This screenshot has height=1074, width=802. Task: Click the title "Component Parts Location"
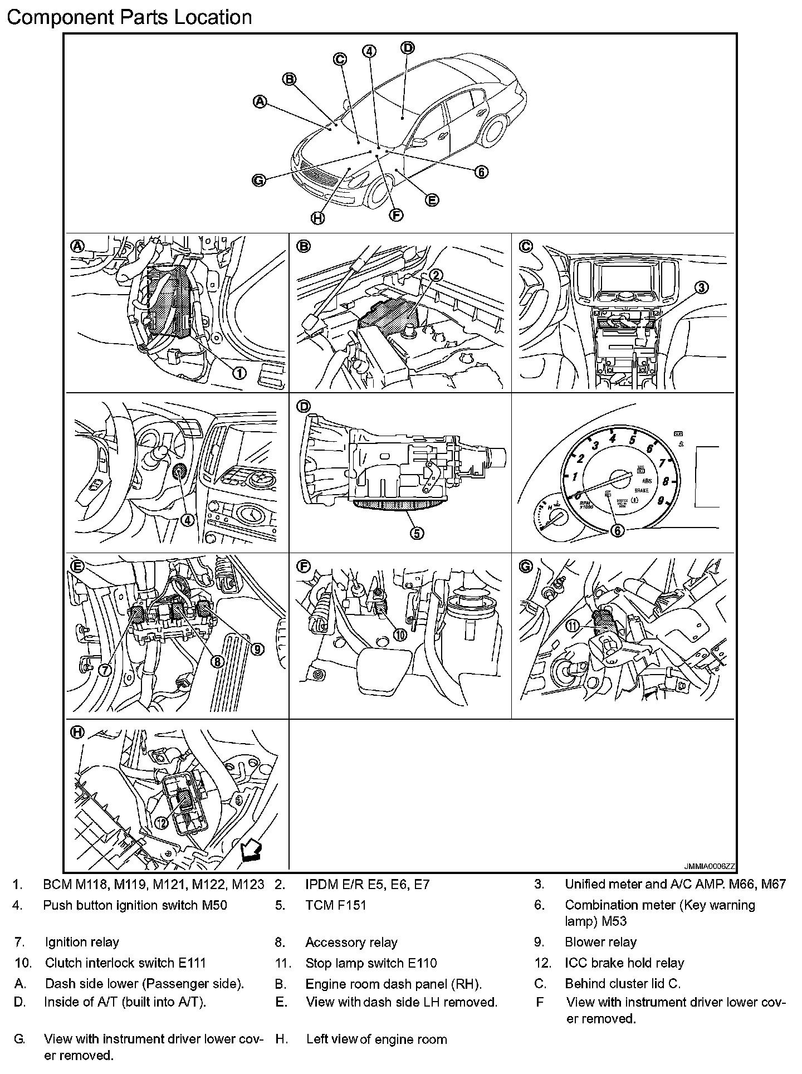(x=129, y=17)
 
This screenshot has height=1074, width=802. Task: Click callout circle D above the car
(x=408, y=48)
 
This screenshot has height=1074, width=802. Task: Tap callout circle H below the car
(x=317, y=218)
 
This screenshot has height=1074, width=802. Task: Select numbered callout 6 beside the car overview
(x=481, y=172)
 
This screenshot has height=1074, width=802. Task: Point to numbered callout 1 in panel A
(x=239, y=373)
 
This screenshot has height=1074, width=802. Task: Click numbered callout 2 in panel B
(x=436, y=275)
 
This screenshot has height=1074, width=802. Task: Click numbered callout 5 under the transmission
(x=417, y=533)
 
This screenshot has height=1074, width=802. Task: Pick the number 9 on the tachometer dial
(x=661, y=500)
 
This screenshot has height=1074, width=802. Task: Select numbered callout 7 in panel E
(x=105, y=670)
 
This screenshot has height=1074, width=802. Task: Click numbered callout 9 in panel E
(x=257, y=649)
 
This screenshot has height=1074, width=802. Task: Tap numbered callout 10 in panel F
(x=399, y=634)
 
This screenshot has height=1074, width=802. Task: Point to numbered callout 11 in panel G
(x=573, y=626)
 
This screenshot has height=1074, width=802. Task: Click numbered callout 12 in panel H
(x=161, y=822)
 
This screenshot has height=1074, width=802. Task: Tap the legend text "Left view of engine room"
(x=376, y=1039)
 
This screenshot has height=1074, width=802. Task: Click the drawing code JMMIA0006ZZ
(x=710, y=867)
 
